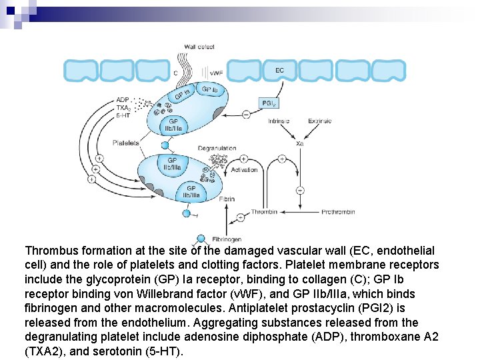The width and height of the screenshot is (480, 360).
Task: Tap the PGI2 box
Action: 269,103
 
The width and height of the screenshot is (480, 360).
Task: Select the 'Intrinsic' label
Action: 279,121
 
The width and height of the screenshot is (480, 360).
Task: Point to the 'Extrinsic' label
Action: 320,121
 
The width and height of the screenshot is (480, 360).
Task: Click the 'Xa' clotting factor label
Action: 301,143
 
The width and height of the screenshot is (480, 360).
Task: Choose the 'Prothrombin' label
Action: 338,213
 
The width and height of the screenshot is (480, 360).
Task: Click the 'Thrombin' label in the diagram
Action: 263,213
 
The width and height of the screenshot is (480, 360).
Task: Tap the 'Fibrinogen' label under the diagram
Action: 227,239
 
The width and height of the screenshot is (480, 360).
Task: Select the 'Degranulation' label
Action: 217,148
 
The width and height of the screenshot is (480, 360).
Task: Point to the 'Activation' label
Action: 244,170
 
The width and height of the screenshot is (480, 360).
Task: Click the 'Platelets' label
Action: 126,143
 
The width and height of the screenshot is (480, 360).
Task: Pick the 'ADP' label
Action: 123,101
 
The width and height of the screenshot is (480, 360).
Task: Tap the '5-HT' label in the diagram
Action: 123,114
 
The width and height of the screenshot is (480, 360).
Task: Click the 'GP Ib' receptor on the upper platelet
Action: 210,89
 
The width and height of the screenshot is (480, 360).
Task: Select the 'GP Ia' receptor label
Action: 183,94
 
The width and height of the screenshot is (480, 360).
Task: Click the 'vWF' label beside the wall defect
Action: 216,73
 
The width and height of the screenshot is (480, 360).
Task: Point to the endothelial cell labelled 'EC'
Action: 279,70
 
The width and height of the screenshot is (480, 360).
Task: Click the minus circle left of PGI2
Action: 245,115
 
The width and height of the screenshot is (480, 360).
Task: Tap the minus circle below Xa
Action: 300,191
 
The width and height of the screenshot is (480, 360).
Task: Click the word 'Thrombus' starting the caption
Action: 51,251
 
